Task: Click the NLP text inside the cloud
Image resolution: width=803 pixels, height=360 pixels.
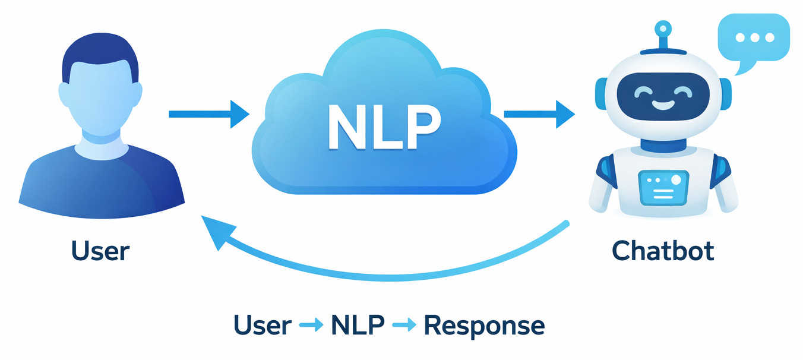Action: point(384,127)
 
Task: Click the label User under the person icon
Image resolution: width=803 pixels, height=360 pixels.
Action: point(100,251)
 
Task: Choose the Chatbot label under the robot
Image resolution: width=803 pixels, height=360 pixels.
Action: point(663,251)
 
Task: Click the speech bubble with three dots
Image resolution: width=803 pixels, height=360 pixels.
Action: point(754,37)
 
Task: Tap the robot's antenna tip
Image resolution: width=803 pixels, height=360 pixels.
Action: point(663,28)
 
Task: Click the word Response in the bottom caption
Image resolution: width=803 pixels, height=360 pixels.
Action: point(485,326)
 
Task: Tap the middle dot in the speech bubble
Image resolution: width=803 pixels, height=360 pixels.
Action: point(755,37)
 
